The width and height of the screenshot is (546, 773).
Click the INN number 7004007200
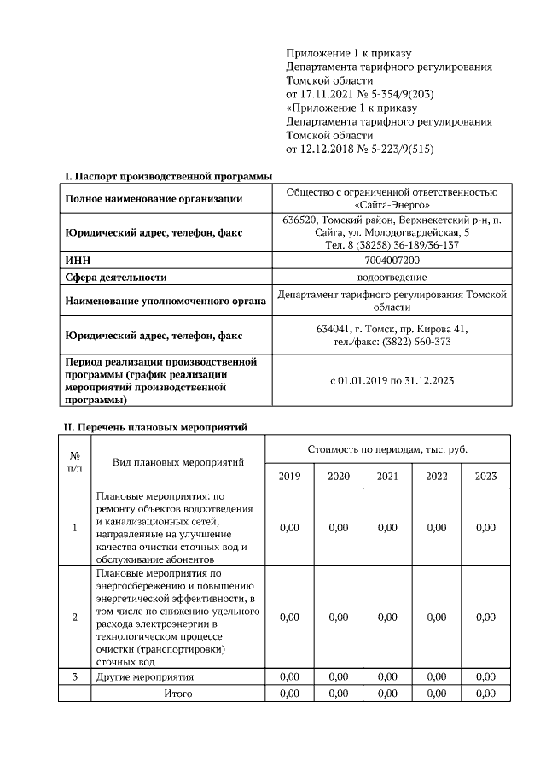point(392,260)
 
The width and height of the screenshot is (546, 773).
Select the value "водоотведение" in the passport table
point(392,277)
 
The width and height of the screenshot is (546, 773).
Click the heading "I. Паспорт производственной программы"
point(169,176)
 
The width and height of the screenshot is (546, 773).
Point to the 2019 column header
point(289,476)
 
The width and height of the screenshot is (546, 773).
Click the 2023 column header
point(485,476)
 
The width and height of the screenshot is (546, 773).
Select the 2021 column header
point(387,476)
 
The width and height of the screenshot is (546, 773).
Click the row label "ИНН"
point(78,260)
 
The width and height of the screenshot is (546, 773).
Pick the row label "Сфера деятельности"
point(116,277)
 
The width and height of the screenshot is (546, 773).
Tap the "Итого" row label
point(178,693)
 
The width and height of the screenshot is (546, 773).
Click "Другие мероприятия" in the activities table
point(145,676)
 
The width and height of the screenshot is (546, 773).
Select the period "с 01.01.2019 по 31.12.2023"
point(392,381)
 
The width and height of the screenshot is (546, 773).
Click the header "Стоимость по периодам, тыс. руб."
point(387,448)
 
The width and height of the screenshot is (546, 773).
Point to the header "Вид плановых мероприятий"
point(178,461)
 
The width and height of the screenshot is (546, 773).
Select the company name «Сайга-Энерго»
point(392,205)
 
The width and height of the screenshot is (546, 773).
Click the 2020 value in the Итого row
point(339,693)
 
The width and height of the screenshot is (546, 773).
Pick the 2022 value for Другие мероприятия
point(436,676)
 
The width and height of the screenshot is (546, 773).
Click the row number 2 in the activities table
point(75,617)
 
